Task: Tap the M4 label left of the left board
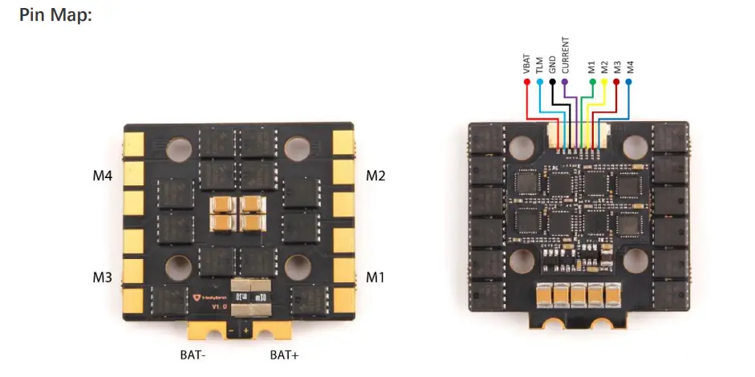(103, 175)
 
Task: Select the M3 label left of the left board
(103, 278)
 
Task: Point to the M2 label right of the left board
(376, 175)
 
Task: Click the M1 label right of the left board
(376, 278)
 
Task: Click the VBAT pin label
(526, 64)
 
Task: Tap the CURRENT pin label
(566, 55)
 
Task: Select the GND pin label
(553, 65)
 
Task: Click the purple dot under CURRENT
(566, 82)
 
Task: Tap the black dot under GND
(553, 82)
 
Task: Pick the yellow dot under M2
(604, 82)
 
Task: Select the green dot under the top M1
(592, 82)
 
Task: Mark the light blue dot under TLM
(540, 82)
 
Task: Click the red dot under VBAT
(527, 82)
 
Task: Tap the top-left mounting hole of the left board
(178, 148)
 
